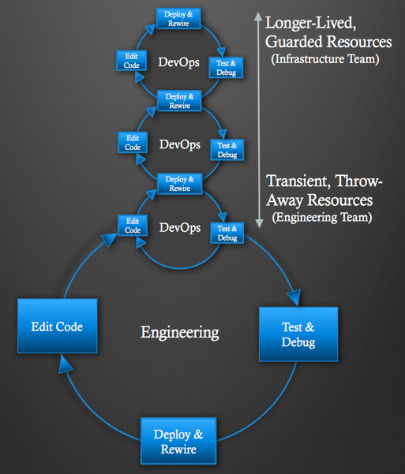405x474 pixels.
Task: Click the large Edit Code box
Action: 58,326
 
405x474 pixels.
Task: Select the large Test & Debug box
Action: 298,334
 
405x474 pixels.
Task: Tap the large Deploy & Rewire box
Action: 178,441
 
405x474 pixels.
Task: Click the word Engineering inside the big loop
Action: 180,333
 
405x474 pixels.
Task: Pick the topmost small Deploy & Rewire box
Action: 178,18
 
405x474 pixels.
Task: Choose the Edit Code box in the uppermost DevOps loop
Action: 132,61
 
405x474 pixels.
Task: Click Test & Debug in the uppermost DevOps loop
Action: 226,68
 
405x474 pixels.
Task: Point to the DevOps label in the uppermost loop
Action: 179,62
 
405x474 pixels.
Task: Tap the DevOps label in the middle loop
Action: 180,145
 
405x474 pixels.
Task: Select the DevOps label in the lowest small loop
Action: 180,228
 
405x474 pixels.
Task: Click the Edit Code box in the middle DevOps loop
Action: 133,143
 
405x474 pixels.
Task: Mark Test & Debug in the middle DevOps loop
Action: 227,150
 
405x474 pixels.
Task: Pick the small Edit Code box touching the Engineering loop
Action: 133,226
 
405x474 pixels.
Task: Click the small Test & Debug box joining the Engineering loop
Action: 227,233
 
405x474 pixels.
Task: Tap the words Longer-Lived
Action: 310,23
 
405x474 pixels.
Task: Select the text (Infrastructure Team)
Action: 325,58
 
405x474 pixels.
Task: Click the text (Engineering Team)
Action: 322,217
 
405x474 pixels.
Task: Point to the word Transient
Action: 298,181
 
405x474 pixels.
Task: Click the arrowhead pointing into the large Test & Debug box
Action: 294,297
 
